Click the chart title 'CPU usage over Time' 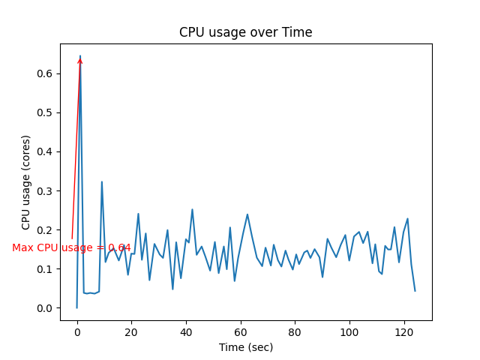pyautogui.click(x=245, y=32)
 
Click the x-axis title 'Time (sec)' pyautogui.click(x=245, y=347)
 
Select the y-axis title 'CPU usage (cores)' pyautogui.click(x=26, y=182)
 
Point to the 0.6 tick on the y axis pyautogui.click(x=46, y=73)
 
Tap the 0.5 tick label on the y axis pyautogui.click(x=46, y=112)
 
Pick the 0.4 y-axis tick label pyautogui.click(x=46, y=151)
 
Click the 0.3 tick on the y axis pyautogui.click(x=46, y=190)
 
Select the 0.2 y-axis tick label pyautogui.click(x=46, y=229)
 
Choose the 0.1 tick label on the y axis pyautogui.click(x=46, y=269)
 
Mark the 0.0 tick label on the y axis pyautogui.click(x=46, y=308)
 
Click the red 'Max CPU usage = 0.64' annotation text pyautogui.click(x=71, y=247)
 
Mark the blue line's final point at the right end pyautogui.click(x=415, y=291)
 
